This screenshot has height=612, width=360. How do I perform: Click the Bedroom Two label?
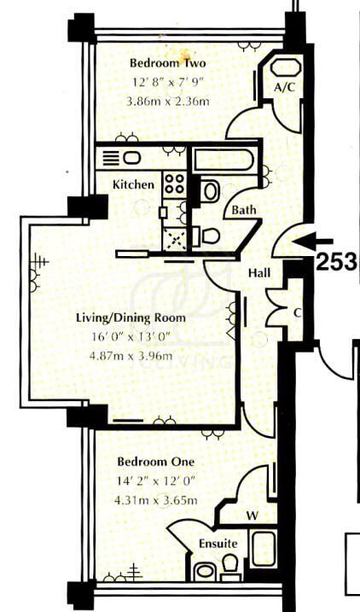tap(168, 63)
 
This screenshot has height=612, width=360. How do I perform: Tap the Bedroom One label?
tap(156, 462)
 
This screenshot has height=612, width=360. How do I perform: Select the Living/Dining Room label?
tap(131, 318)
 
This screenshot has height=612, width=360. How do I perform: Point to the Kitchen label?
tap(133, 184)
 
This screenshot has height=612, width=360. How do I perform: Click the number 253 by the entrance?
tap(336, 261)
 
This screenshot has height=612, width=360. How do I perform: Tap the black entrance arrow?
tap(312, 242)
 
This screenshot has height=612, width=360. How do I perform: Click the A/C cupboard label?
tap(283, 87)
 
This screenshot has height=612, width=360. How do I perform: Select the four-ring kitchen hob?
tap(174, 183)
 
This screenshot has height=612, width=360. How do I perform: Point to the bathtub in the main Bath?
tap(224, 160)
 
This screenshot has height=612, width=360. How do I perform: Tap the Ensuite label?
tap(218, 544)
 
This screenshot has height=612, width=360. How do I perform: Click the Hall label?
tap(259, 273)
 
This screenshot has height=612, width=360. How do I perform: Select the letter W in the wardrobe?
tap(253, 516)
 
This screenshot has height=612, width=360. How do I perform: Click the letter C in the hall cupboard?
tap(298, 312)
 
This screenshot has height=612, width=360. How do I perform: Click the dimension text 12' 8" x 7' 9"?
tap(168, 82)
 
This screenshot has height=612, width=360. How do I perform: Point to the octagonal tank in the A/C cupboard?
tap(285, 68)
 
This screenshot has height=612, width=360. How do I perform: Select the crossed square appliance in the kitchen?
tap(174, 237)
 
